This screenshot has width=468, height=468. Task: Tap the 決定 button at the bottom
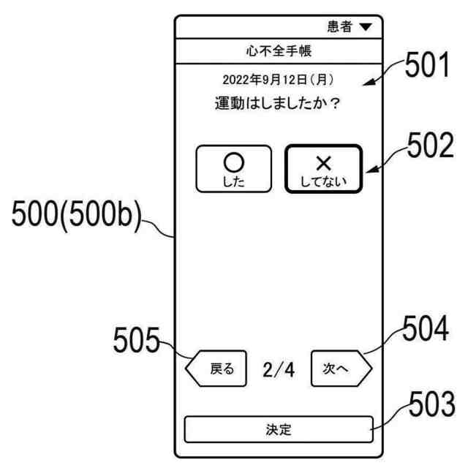point(278,429)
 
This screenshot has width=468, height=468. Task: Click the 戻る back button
point(217,370)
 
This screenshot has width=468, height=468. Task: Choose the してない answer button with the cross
point(323,170)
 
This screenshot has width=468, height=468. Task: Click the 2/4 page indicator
point(279,370)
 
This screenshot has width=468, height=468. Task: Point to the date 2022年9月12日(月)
point(278,80)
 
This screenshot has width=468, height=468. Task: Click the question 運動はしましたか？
point(278,104)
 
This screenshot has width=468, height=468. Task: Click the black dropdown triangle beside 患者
point(366,27)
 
